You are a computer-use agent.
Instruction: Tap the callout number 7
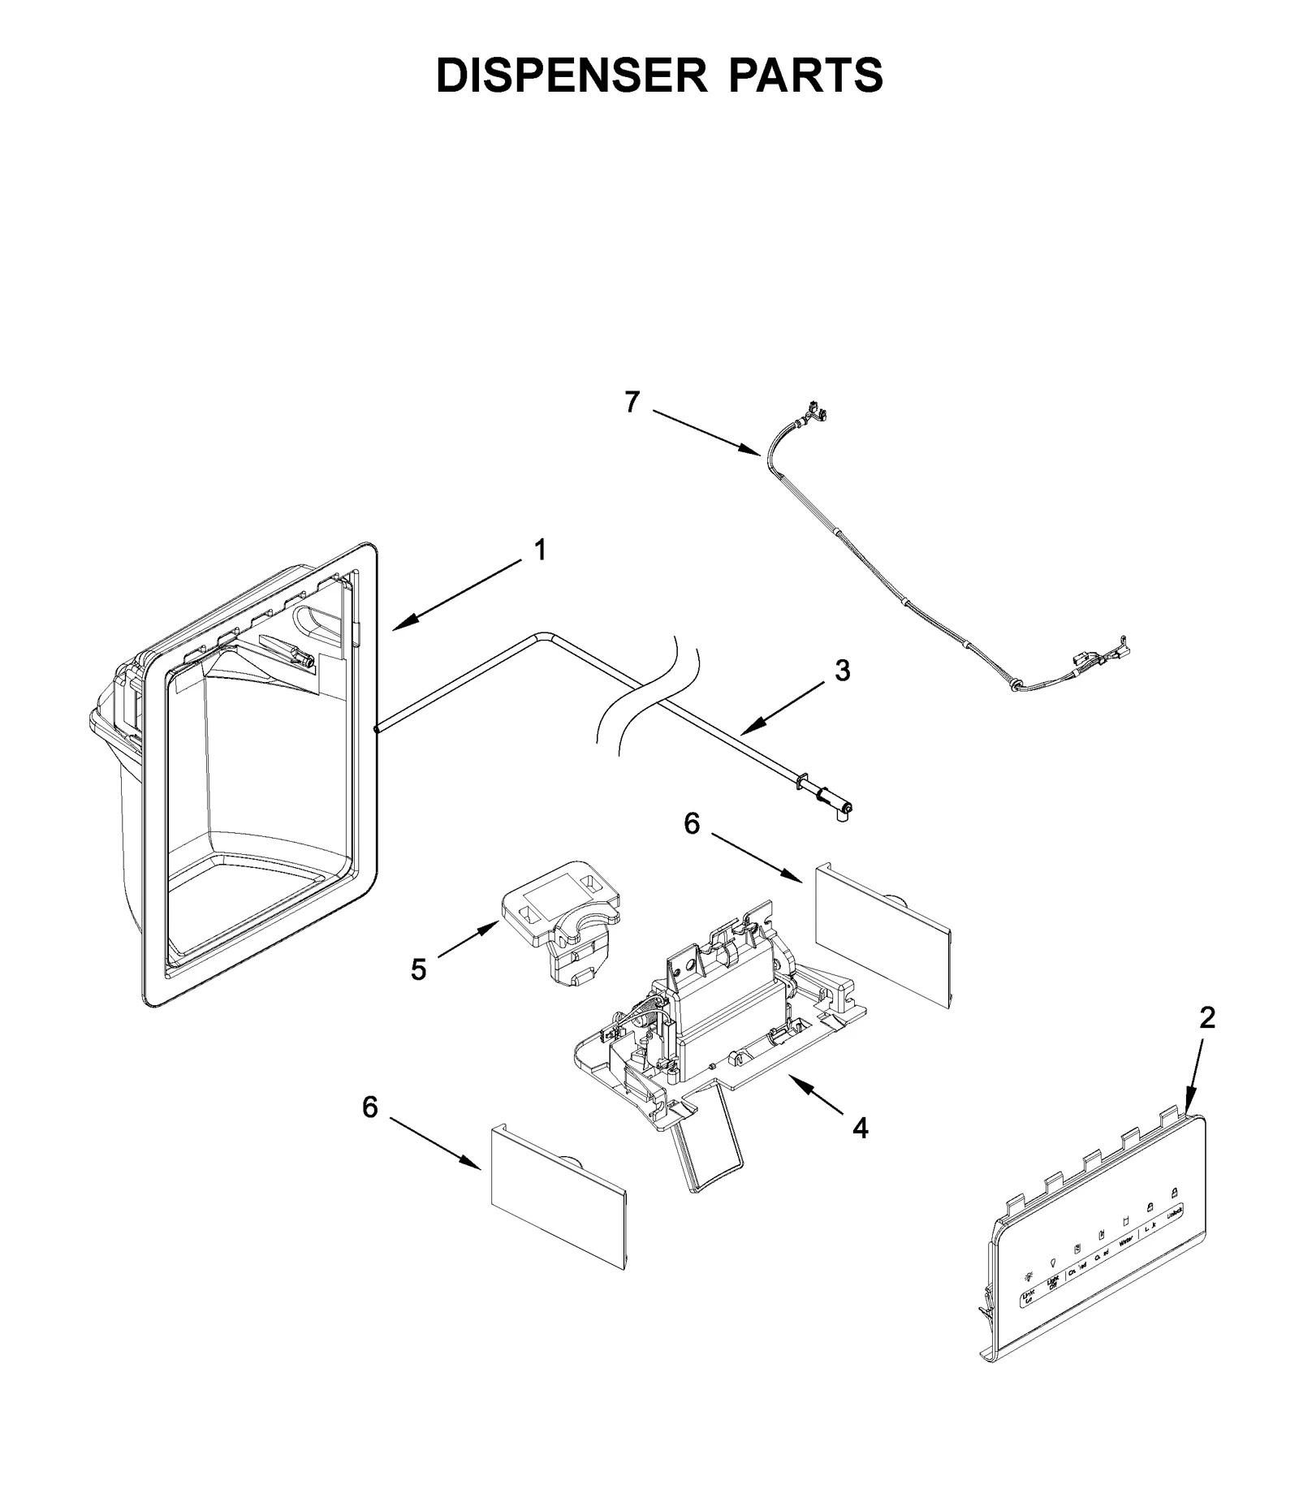632,402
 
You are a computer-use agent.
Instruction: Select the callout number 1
540,550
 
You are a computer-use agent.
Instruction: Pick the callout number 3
843,671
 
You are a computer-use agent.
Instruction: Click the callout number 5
418,969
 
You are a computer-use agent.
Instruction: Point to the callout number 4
860,1128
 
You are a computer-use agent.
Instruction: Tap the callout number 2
1207,1017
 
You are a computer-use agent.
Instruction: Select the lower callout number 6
370,1107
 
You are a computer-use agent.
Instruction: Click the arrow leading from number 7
706,433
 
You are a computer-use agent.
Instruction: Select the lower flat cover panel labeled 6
559,1198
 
